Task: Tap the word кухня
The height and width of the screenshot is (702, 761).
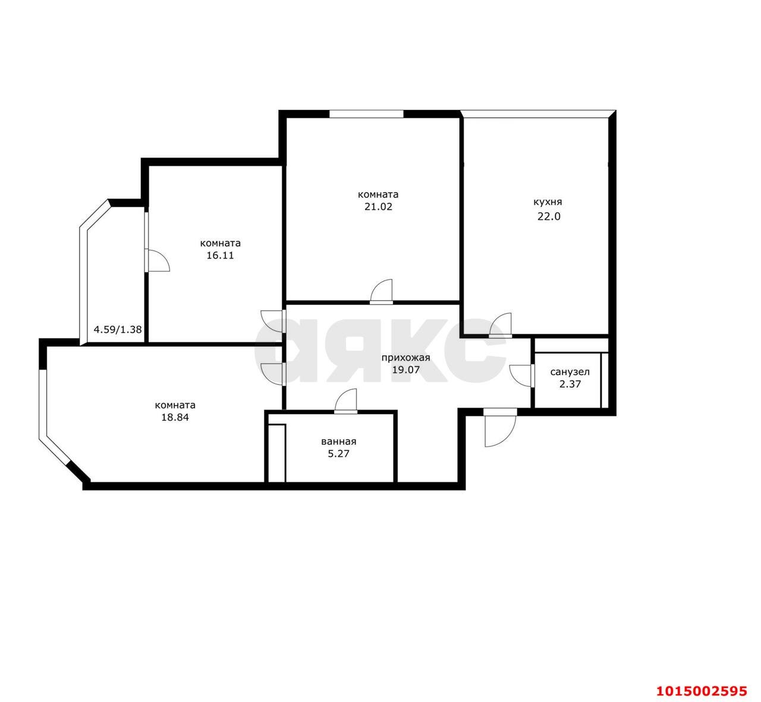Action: point(548,202)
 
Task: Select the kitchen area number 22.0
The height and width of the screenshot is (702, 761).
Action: point(549,216)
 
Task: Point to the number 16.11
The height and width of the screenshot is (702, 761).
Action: point(220,256)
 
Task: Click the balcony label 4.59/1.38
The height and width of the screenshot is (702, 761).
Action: point(118,329)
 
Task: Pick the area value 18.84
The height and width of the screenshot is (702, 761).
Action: point(175,418)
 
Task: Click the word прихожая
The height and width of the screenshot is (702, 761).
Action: point(405,358)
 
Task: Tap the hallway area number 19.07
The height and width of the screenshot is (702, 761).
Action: point(406,370)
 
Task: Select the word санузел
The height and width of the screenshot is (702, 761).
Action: point(570,372)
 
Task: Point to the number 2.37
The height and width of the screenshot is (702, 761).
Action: point(570,385)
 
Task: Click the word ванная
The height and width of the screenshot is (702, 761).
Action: point(339,442)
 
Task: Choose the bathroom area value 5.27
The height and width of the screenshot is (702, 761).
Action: point(339,454)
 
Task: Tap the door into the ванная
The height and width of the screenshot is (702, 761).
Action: point(345,401)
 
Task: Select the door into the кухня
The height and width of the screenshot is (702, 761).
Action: point(501,325)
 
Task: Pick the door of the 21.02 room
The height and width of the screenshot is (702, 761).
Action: point(381,292)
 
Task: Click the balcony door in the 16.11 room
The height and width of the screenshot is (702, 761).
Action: point(157,260)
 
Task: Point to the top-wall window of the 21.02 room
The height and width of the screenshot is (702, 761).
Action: point(366,114)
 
